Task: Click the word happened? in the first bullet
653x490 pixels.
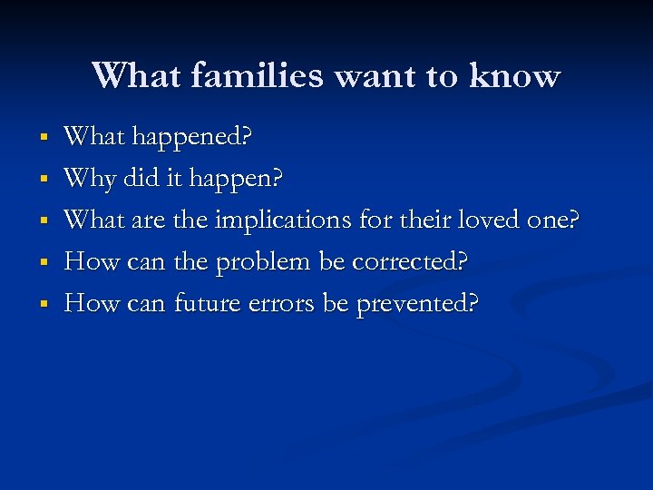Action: [193, 139]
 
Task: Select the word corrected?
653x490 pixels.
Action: [410, 261]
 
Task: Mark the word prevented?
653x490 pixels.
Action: [416, 304]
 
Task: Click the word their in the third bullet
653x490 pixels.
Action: [425, 220]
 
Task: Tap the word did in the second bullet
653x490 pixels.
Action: [141, 178]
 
